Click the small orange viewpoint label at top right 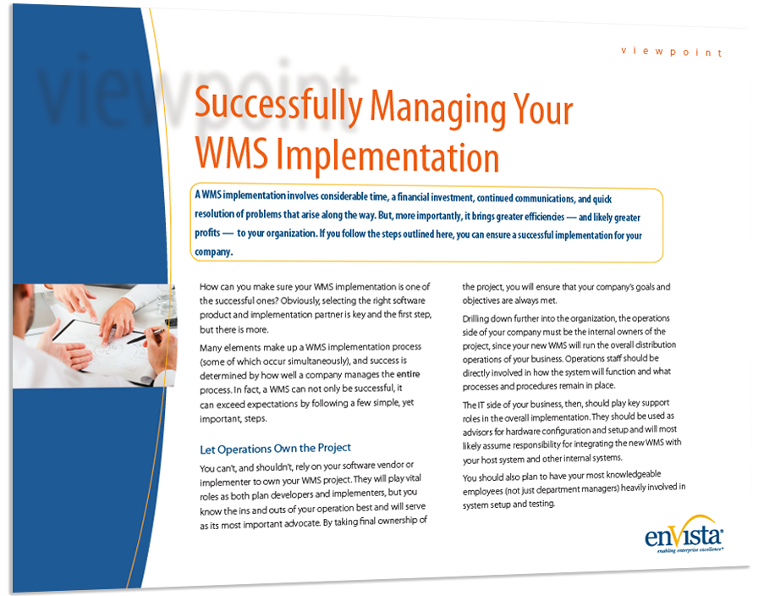[671, 51]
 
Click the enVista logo [684, 534]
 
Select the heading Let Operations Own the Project [275, 448]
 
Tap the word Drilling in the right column [477, 319]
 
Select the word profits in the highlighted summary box [207, 233]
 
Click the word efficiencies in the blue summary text [544, 216]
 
